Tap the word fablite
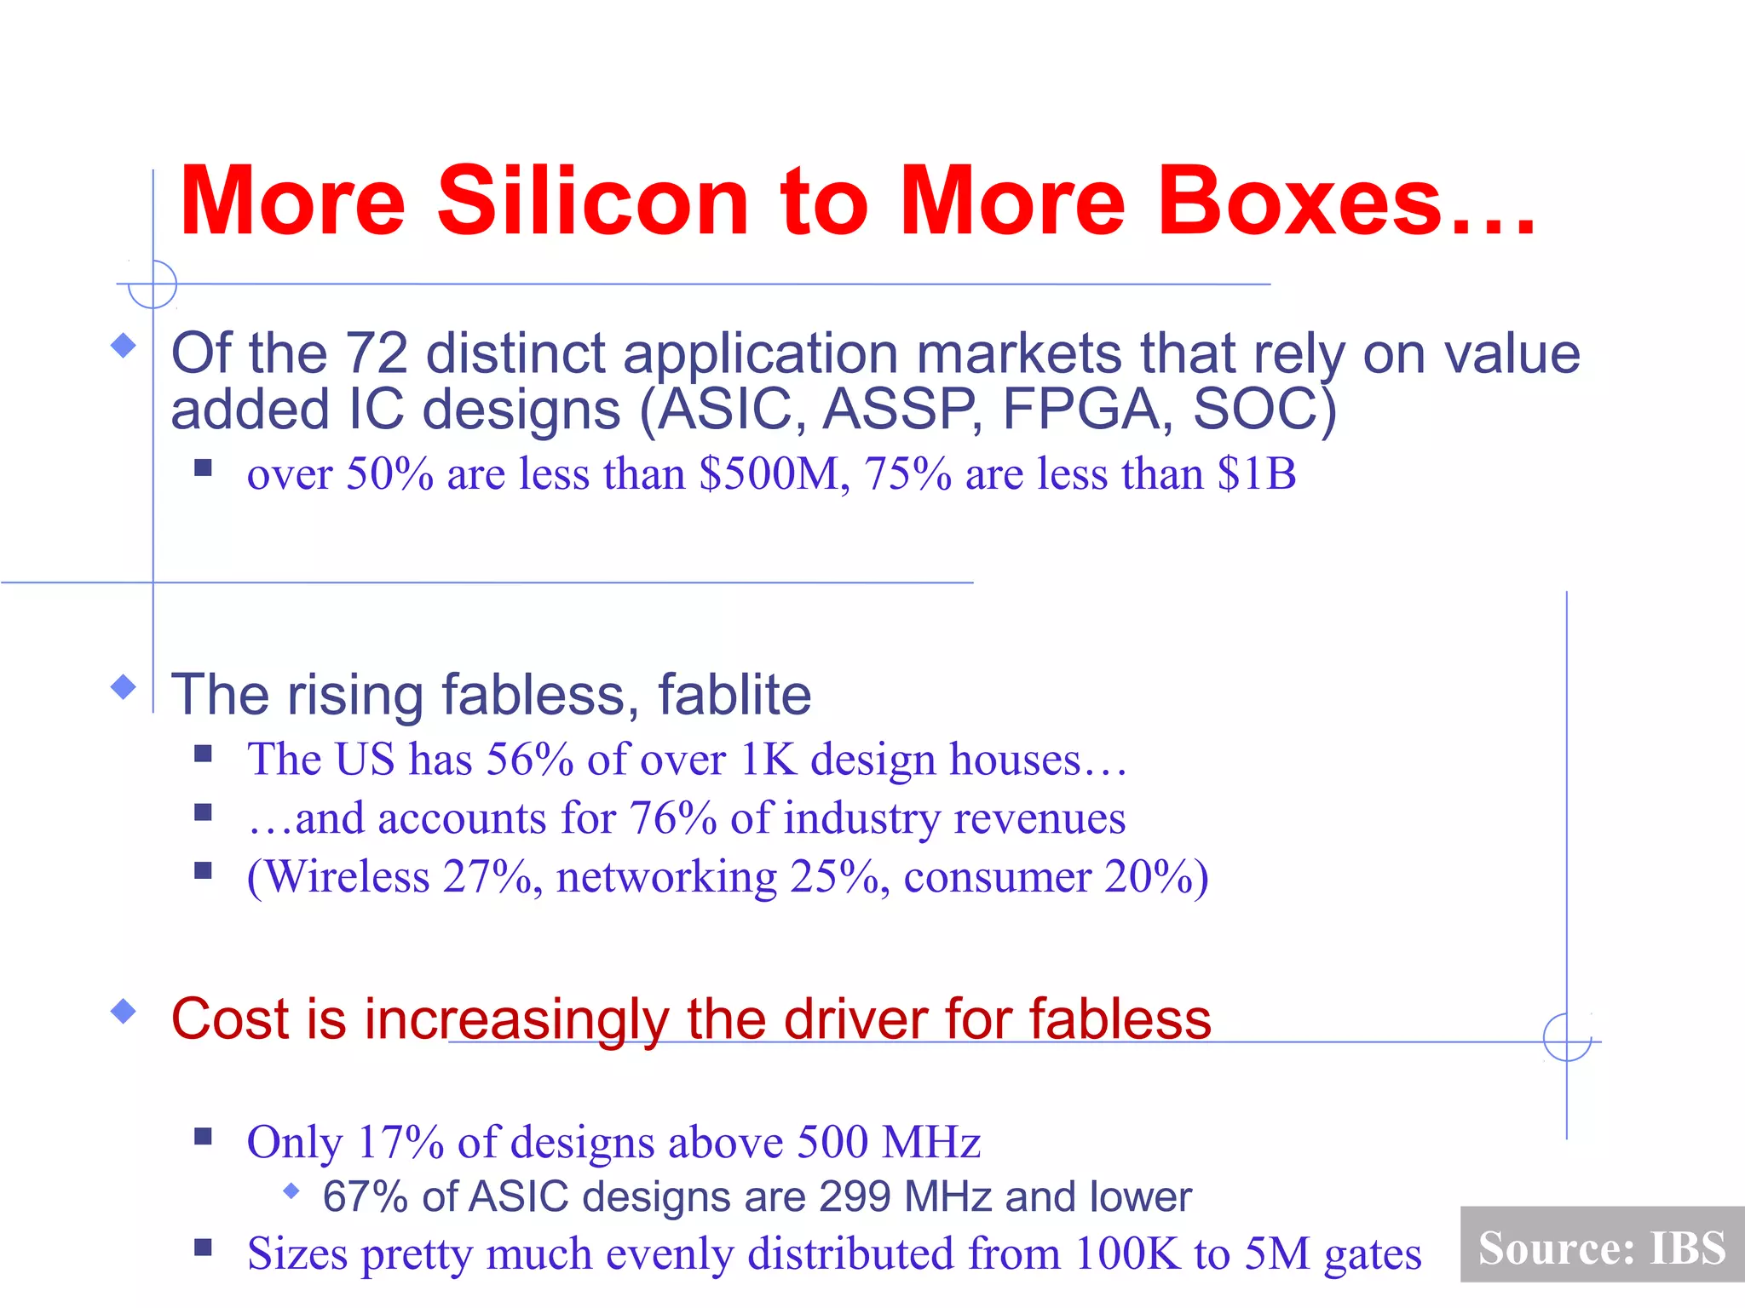[x=734, y=695]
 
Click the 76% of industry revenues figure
[x=672, y=818]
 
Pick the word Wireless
[x=348, y=877]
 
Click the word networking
[x=666, y=877]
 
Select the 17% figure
[x=400, y=1142]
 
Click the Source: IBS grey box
[x=1601, y=1246]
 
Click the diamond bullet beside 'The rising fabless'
[x=124, y=686]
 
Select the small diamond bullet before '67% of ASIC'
[x=291, y=1190]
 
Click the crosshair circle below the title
[x=153, y=284]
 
